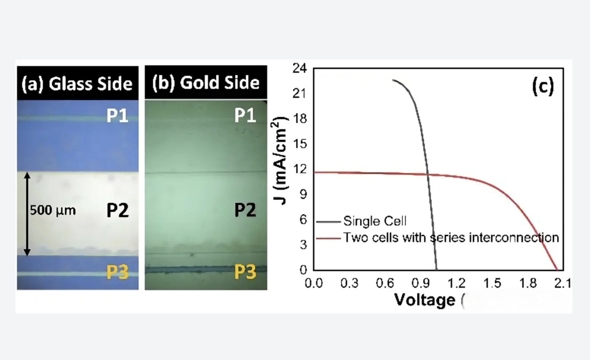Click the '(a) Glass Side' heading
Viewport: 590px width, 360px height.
77,84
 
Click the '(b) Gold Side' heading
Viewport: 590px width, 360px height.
206,83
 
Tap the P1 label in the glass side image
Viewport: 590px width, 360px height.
117,116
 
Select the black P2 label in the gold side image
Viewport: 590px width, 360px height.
245,210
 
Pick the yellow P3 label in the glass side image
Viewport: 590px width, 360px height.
117,272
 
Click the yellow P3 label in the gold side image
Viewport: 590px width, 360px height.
245,272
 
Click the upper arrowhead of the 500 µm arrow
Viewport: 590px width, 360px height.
27,175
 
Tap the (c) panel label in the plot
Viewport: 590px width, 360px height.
542,86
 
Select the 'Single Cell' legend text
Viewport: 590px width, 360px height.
375,221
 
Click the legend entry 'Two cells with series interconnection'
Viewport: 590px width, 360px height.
451,238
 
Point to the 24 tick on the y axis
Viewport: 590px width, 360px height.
299,68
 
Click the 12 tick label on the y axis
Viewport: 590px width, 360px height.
299,169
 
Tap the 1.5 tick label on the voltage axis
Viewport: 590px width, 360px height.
492,283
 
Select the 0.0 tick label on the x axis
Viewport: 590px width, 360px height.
314,283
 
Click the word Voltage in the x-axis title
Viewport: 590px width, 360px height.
425,300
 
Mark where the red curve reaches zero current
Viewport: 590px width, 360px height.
557,270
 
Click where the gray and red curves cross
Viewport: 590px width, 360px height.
428,175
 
